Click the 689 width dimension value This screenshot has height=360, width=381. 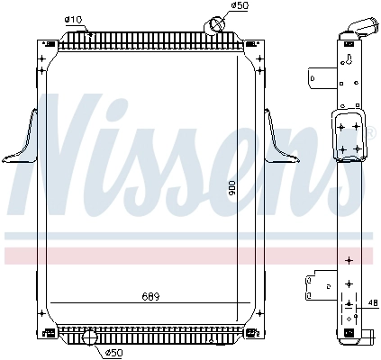point(150,297)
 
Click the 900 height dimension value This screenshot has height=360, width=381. point(232,189)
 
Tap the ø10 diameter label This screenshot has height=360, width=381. point(73,20)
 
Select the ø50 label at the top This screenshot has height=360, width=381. point(240,5)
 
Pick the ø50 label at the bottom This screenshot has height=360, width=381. point(114,353)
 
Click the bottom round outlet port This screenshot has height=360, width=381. point(90,338)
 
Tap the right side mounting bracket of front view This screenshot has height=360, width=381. point(282,138)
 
